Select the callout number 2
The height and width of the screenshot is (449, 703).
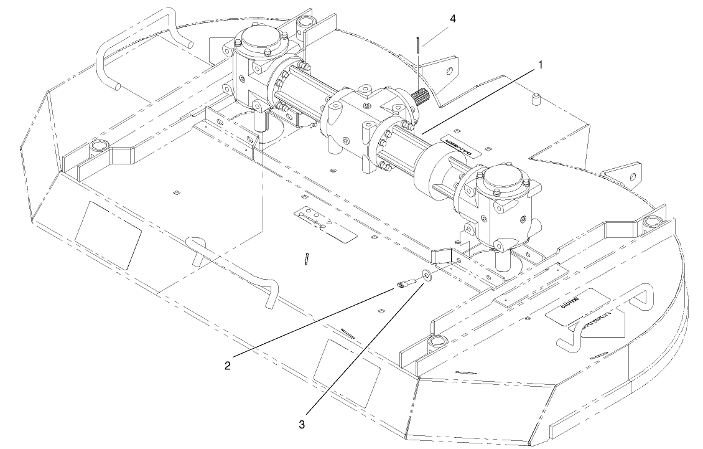(x=228, y=365)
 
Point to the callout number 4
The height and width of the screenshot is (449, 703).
(x=452, y=19)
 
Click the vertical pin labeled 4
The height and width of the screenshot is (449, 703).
(x=418, y=45)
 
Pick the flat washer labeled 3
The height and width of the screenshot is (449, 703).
(x=427, y=275)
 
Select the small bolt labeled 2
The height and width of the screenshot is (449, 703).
(x=404, y=285)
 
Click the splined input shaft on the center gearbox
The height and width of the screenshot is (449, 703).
(x=419, y=99)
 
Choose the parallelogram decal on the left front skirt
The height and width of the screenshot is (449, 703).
(x=108, y=235)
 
